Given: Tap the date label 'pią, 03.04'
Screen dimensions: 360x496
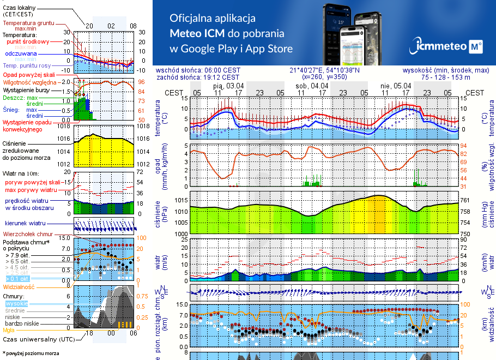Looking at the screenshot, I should [x=228, y=86].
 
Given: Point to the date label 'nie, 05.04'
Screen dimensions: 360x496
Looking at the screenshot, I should [x=396, y=86].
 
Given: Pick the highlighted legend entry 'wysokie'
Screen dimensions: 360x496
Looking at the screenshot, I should [x=16, y=303].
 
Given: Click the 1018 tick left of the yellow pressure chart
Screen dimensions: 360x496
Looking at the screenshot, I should [x=65, y=126].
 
